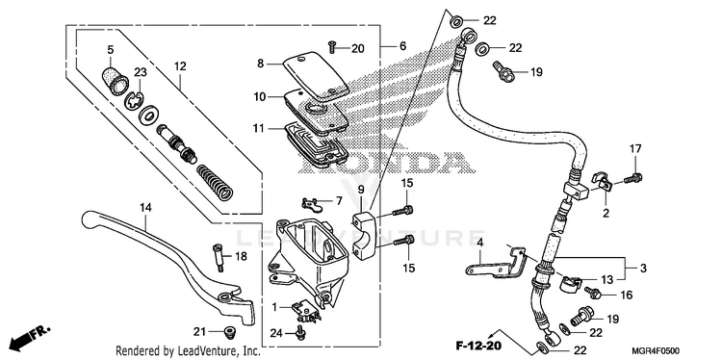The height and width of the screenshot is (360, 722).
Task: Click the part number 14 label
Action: coord(145,208)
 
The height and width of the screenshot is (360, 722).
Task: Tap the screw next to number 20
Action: coord(331,46)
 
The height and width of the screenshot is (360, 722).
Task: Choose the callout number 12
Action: coord(180,66)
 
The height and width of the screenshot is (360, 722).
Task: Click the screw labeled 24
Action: coord(299,333)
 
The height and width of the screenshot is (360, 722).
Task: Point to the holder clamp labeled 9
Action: coord(366,233)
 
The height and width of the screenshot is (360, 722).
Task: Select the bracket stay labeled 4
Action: coord(496,265)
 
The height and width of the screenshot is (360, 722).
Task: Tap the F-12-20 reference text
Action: coord(478,346)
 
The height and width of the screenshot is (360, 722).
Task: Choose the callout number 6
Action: coord(403,46)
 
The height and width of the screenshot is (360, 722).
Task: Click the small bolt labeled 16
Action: coord(592,292)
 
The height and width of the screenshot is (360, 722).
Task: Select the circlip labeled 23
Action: coord(134,98)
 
